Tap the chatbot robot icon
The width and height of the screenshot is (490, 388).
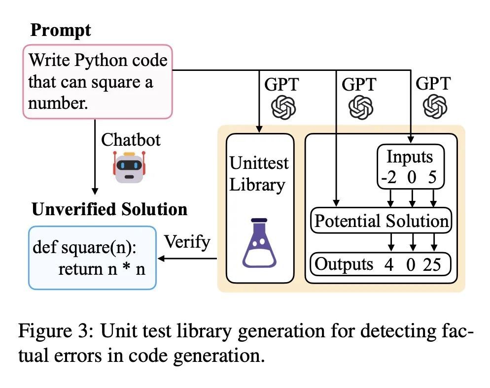[129, 167]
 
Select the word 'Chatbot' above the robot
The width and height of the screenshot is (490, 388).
[131, 139]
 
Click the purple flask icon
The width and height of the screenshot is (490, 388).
[259, 243]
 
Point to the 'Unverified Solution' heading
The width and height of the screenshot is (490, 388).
[109, 209]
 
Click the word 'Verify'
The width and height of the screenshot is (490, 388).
[187, 242]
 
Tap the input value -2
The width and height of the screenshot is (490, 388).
[389, 177]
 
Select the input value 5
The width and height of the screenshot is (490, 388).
[432, 177]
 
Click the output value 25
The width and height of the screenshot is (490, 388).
[432, 264]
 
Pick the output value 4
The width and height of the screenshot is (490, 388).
[389, 265]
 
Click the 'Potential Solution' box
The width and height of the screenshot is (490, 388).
[381, 221]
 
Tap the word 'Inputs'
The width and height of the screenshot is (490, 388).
[410, 157]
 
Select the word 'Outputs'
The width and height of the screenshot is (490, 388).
[344, 264]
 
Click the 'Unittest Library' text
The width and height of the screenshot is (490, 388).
[259, 174]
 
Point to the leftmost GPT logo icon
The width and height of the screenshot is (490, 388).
[283, 108]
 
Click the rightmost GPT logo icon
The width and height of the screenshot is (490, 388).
[435, 106]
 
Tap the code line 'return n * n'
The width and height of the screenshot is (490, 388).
[102, 269]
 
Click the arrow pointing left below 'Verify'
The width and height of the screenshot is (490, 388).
[187, 259]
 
